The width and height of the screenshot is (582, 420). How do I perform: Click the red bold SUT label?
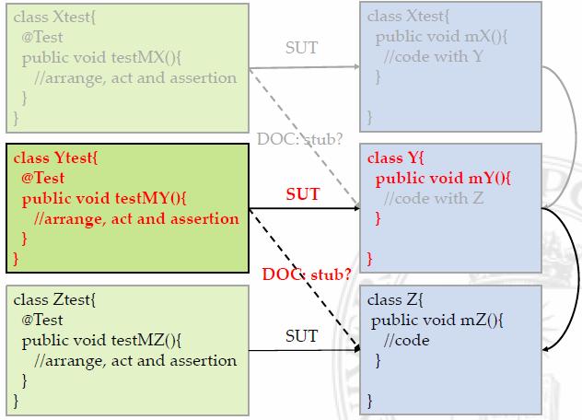(303, 195)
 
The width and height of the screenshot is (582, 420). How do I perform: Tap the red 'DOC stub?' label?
(307, 274)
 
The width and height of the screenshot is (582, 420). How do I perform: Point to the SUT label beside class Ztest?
(302, 337)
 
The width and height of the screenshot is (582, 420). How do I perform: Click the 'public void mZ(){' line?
(436, 321)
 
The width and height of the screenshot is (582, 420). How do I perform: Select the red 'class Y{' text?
(396, 158)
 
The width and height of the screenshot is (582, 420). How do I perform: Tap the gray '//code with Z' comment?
(432, 198)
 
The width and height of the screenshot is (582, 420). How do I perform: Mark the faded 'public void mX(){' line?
(437, 38)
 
